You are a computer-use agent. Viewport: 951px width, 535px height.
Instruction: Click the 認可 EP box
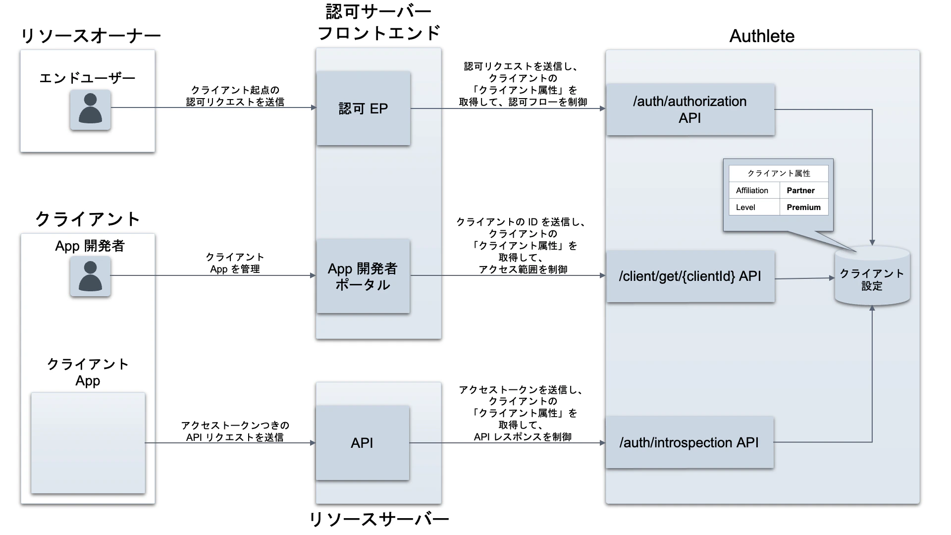point(363,108)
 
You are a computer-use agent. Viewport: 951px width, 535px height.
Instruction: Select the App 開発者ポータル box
point(363,276)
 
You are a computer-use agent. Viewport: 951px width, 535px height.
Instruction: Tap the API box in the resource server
point(362,443)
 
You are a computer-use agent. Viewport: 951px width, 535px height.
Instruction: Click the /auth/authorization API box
point(690,109)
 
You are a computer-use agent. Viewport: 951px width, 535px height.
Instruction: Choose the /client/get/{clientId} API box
point(690,276)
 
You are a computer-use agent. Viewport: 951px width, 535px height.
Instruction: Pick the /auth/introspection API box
point(689,442)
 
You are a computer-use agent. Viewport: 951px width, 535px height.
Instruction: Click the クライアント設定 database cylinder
point(872,277)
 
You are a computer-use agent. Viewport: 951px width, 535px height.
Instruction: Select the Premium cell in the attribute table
point(803,207)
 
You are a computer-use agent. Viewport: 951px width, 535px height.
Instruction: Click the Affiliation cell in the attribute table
point(752,190)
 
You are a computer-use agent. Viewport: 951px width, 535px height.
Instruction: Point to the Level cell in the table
point(745,207)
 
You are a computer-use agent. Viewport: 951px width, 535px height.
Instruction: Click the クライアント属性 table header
point(778,173)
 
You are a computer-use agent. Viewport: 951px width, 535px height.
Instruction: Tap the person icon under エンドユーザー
point(90,109)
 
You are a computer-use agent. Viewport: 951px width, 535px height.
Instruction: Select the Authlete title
point(762,36)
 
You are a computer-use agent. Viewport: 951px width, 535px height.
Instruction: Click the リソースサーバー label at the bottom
point(379,519)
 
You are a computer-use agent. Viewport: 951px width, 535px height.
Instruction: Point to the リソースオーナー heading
point(91,36)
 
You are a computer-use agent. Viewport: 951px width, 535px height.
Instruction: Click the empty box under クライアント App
point(88,443)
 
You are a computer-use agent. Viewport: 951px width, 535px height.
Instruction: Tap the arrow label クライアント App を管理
point(235,263)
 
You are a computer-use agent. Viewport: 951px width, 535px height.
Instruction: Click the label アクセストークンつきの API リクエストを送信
point(235,431)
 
